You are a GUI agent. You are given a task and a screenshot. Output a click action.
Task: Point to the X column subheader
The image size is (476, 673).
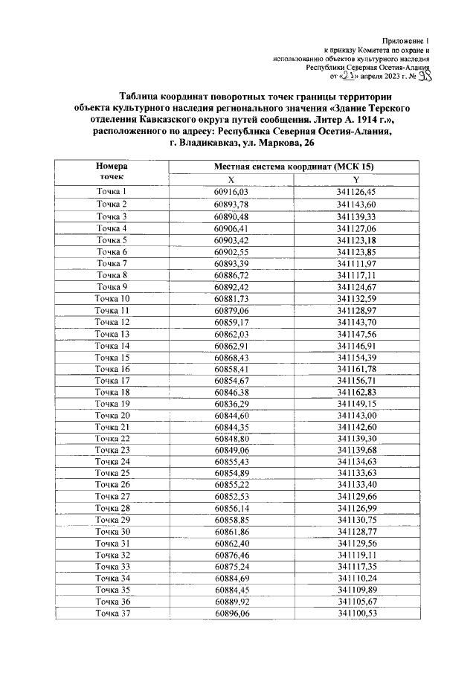pyautogui.click(x=231, y=179)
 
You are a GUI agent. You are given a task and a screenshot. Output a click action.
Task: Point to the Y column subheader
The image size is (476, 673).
pyautogui.click(x=356, y=179)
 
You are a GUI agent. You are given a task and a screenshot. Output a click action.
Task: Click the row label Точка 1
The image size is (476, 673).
pyautogui.click(x=112, y=192)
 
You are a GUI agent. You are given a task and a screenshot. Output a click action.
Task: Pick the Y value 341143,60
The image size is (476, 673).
pyautogui.click(x=356, y=204)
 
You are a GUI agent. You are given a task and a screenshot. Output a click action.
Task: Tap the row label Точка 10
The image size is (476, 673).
pyautogui.click(x=112, y=299)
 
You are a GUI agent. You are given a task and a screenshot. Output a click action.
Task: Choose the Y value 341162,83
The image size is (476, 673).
pyautogui.click(x=356, y=392)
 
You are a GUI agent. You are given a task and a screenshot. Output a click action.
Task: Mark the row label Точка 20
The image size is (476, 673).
pyautogui.click(x=112, y=415)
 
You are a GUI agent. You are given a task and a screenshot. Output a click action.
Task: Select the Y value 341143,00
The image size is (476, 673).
pyautogui.click(x=356, y=415)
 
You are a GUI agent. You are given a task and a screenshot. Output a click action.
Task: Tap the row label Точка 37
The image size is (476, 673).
pyautogui.click(x=112, y=613)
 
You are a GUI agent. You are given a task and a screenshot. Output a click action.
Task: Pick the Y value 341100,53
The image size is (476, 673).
pyautogui.click(x=356, y=613)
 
